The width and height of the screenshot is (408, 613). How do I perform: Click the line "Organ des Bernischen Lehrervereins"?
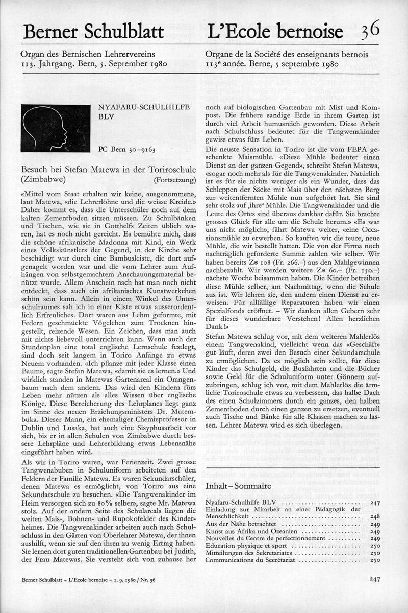(x=88, y=54)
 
